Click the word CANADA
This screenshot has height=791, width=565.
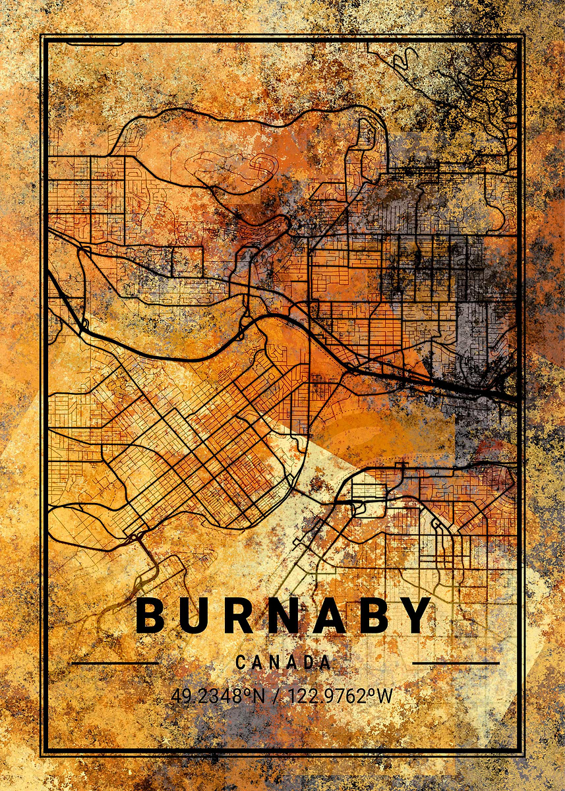click(x=283, y=662)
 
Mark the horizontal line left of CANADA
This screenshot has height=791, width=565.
click(x=115, y=662)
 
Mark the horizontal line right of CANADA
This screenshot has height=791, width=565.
click(x=456, y=662)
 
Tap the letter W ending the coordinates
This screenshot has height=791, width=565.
click(x=385, y=695)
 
